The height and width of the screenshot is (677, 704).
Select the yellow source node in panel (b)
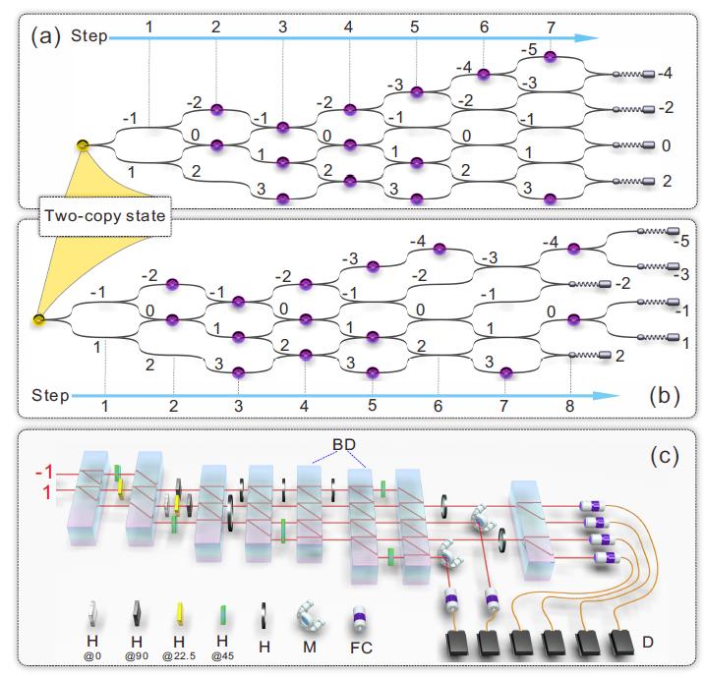point(38,318)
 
